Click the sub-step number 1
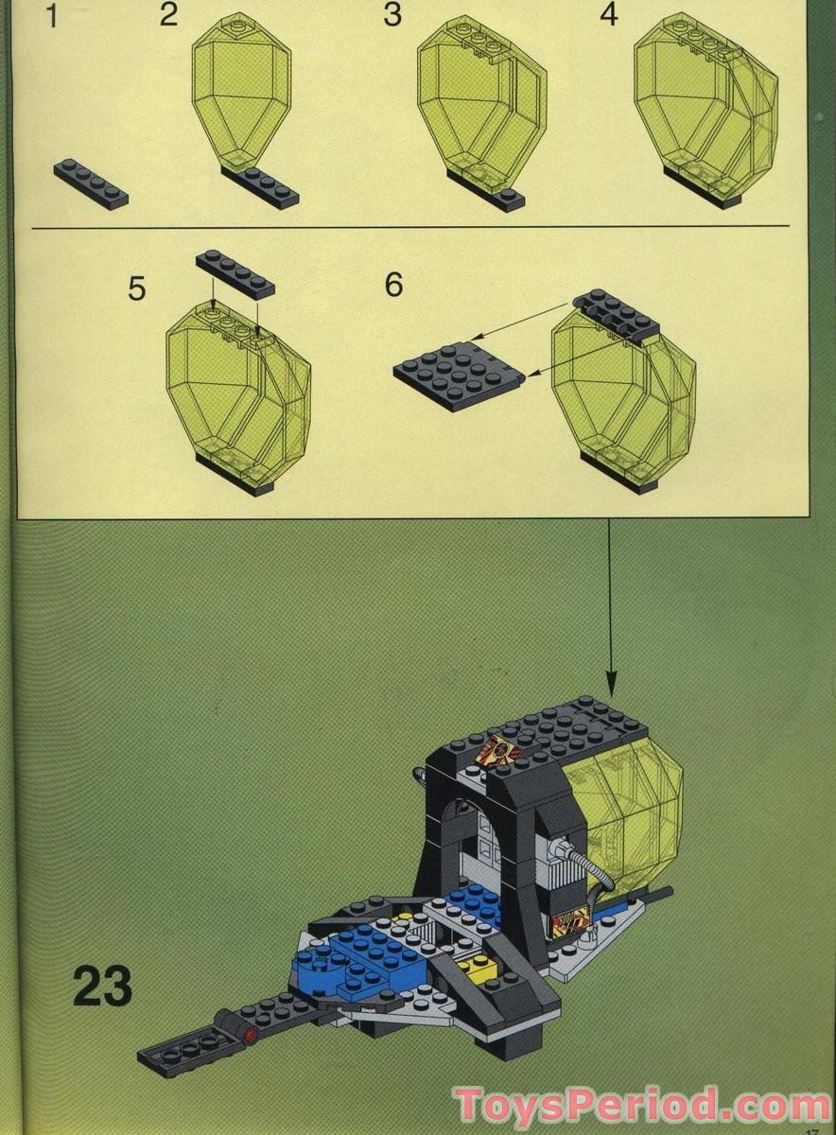(x=52, y=16)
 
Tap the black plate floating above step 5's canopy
(x=235, y=274)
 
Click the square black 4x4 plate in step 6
(x=459, y=373)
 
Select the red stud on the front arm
(x=250, y=1035)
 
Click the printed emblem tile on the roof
(x=497, y=752)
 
